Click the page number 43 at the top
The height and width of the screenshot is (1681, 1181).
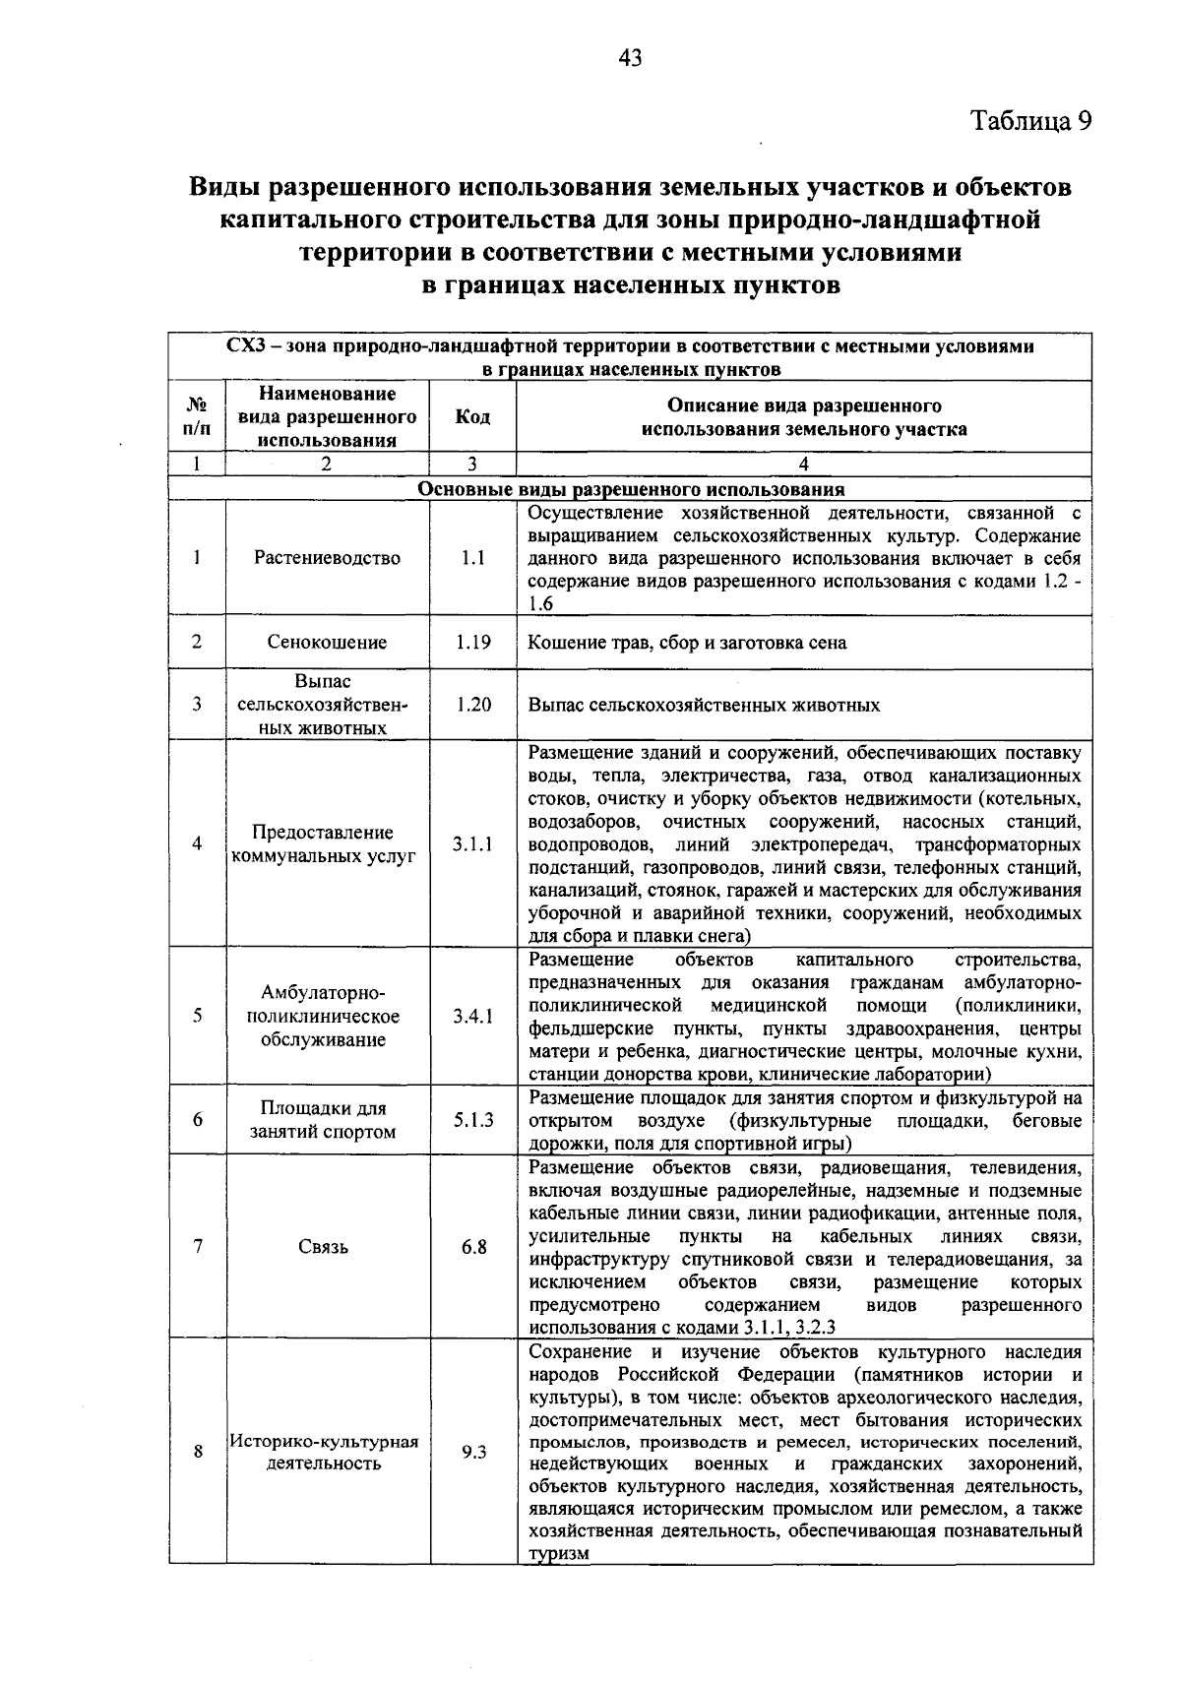(630, 58)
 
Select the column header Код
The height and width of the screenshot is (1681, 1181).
(472, 417)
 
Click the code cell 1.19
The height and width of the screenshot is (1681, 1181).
(472, 643)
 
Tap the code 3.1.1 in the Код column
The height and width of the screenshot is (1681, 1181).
(472, 844)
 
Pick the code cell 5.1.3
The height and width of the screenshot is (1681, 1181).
(472, 1120)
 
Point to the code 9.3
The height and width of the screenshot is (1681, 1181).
(473, 1452)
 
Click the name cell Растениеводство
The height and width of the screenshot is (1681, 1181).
(327, 558)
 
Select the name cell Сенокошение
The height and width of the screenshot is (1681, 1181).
(327, 643)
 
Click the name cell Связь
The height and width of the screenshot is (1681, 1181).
(323, 1247)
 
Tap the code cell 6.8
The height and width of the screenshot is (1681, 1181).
(473, 1247)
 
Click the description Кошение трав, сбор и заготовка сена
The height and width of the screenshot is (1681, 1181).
(687, 643)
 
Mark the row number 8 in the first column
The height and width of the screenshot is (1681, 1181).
(198, 1452)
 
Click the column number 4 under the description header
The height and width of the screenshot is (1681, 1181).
(803, 465)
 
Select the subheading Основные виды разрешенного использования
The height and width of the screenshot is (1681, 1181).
(631, 489)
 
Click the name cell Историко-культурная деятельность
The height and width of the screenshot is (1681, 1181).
(325, 1453)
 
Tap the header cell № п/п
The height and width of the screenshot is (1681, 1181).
(197, 417)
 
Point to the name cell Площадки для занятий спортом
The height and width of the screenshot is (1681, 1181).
(323, 1120)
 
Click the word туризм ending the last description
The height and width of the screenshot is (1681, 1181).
(559, 1554)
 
